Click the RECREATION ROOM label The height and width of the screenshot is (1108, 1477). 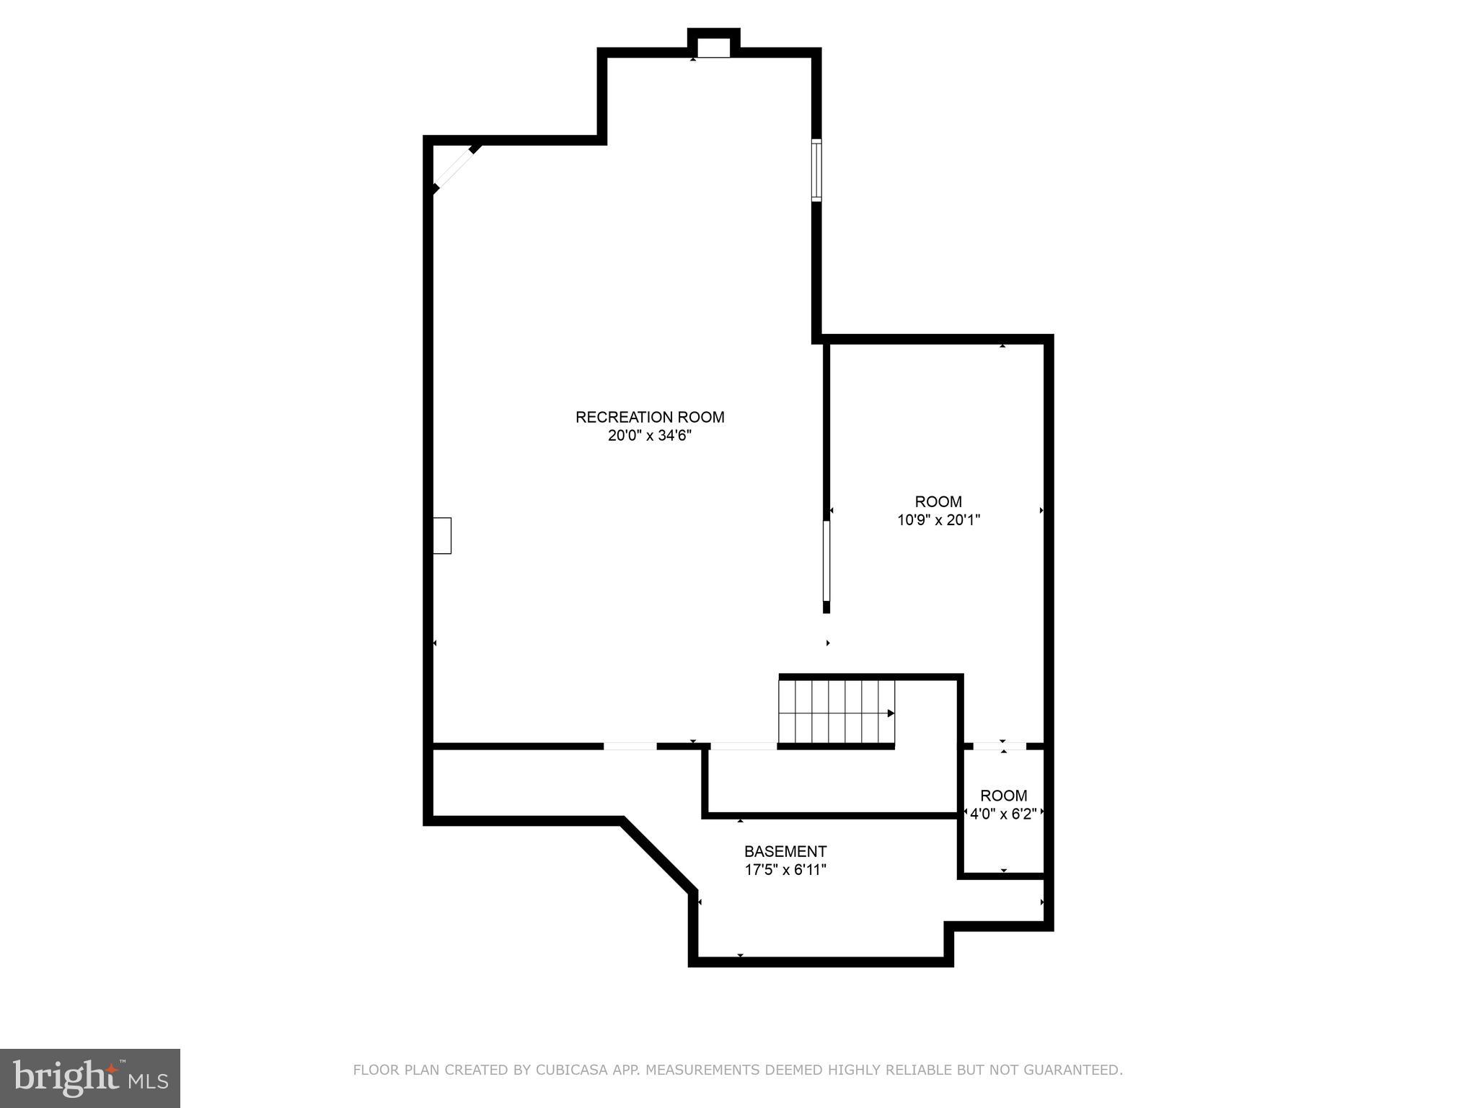650,417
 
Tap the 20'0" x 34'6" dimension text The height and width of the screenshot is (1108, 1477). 650,436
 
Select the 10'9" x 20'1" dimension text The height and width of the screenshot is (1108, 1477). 938,520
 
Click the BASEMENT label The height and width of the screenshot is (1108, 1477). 785,851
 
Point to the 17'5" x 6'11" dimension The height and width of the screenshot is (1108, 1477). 785,870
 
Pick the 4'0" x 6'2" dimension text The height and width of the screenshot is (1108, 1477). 1003,814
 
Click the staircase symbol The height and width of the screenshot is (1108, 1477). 837,712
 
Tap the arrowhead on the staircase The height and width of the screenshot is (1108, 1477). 891,713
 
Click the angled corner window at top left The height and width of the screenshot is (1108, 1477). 455,169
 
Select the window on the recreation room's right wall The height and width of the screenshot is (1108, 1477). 816,170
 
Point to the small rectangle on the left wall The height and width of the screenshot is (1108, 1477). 442,536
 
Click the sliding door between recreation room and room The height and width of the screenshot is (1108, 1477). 826,561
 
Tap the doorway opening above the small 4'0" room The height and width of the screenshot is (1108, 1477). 1000,746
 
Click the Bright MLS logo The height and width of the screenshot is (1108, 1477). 90,1078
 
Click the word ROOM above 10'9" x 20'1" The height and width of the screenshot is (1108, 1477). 938,501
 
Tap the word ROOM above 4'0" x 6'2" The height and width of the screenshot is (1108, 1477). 1003,796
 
